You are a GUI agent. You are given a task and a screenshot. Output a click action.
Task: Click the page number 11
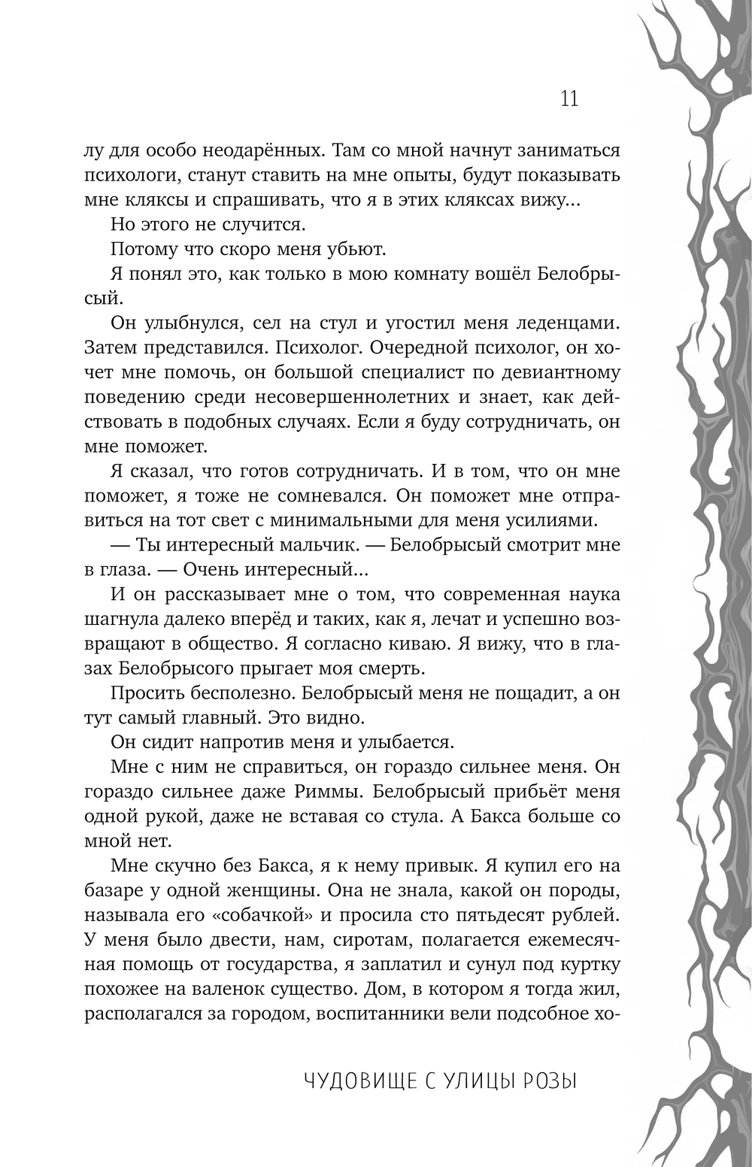pos(569,99)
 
